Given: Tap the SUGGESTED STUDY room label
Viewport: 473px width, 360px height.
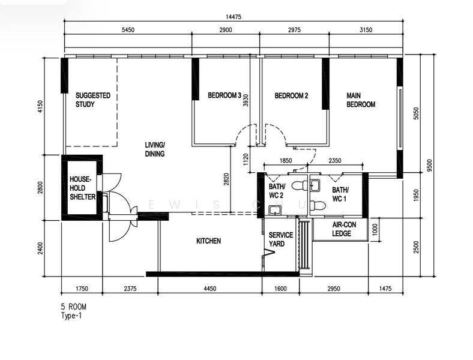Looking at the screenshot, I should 92,100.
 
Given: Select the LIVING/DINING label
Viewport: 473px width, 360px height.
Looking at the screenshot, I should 154,149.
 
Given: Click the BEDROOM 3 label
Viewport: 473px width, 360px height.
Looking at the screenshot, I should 224,95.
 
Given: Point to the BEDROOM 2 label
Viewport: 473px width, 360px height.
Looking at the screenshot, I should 291,95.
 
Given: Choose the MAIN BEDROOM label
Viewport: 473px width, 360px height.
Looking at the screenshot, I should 361,100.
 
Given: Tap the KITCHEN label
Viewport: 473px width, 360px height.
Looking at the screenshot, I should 209,241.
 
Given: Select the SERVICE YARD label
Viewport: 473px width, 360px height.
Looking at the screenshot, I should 280,239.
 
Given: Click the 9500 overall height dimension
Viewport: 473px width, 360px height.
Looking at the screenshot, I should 429,166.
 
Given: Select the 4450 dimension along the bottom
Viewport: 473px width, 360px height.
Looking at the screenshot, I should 209,289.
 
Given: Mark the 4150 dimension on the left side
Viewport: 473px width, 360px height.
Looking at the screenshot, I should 40,106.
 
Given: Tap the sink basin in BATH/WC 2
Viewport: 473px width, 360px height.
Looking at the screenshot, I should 274,209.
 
